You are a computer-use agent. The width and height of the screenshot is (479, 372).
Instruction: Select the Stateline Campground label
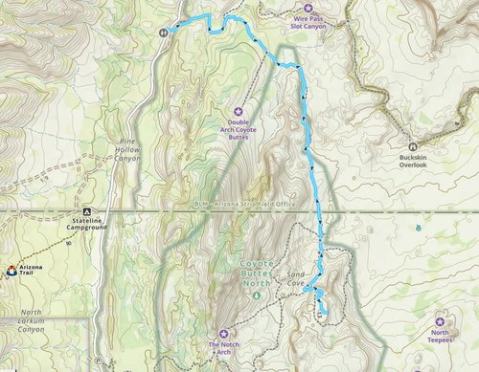pos(88,226)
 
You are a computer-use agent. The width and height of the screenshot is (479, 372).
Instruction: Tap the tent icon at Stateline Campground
pos(87,211)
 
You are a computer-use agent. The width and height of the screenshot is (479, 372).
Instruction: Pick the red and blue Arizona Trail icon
pos(11,271)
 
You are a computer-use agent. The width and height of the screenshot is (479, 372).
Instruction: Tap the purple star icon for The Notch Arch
pos(223,333)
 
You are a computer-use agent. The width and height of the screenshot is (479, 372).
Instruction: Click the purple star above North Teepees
pos(440,320)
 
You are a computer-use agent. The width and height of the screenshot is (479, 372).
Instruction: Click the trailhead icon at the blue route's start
pos(165,31)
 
